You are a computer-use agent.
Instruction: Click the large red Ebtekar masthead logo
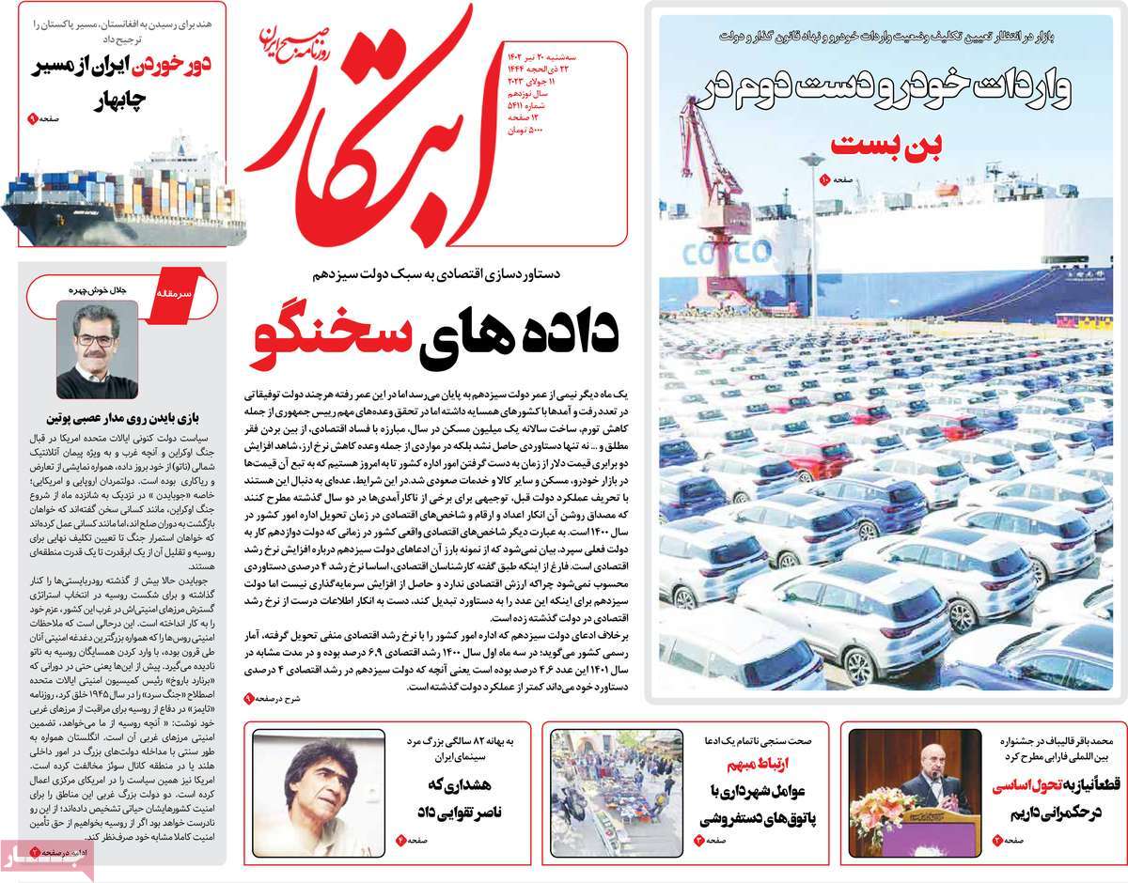376,141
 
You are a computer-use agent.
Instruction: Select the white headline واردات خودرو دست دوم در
887,89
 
